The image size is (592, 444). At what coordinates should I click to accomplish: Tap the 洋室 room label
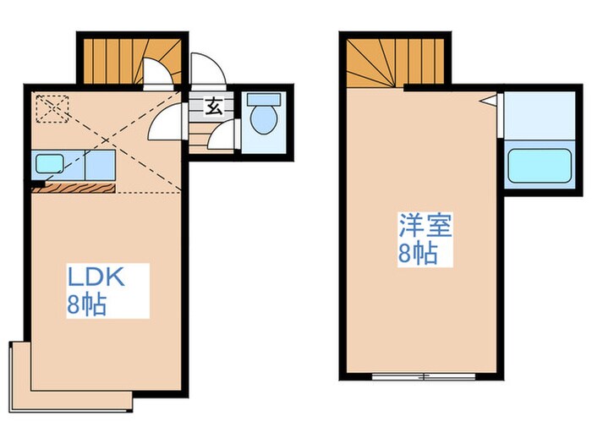(425, 226)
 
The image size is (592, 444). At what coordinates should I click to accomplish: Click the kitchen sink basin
(46, 162)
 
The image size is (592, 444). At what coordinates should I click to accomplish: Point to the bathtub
(538, 168)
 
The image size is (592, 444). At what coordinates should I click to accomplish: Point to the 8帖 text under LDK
(86, 305)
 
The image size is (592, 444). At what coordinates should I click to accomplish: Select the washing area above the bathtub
(539, 114)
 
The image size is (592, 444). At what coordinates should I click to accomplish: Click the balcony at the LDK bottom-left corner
(20, 372)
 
